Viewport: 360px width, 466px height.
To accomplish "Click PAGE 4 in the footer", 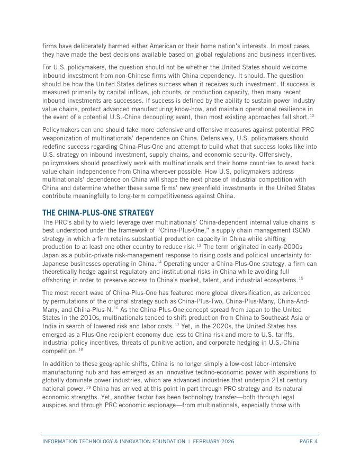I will click(x=308, y=441).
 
